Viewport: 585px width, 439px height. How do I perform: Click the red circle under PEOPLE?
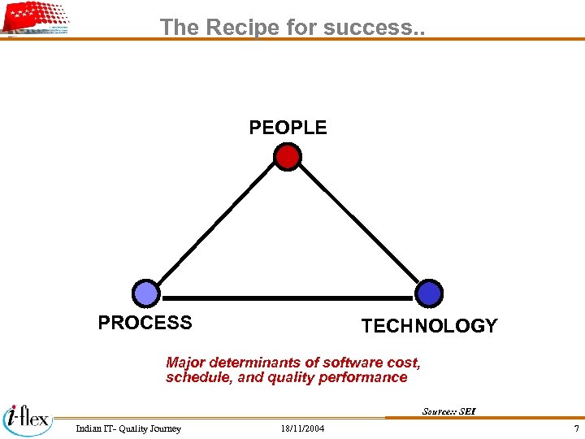(287, 156)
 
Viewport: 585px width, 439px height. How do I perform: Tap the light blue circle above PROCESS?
(146, 293)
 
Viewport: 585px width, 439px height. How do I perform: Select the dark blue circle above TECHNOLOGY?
(429, 293)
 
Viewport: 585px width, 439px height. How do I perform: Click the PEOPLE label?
(288, 128)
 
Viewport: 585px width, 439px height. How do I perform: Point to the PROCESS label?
(145, 323)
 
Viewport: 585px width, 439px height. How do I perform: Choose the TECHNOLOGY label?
(429, 326)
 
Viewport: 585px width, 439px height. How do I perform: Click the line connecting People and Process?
(216, 224)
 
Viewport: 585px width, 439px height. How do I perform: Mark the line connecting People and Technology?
(357, 224)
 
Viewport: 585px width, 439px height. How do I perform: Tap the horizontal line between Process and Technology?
(288, 298)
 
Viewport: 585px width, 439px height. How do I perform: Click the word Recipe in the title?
(242, 27)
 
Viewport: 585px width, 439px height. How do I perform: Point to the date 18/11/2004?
(301, 428)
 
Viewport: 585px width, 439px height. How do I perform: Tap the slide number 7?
(576, 428)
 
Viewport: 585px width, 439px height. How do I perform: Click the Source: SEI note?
(448, 411)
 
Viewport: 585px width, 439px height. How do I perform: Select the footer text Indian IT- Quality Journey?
(128, 428)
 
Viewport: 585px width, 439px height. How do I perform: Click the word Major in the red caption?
(186, 363)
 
